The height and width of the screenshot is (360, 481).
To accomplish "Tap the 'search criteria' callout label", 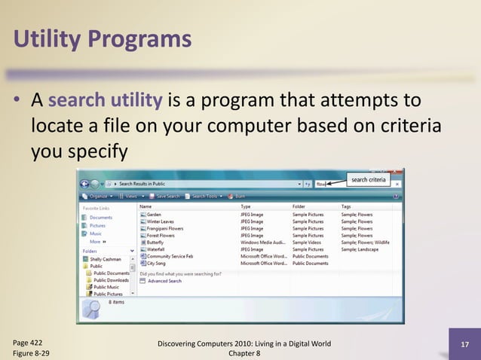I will point(369,180).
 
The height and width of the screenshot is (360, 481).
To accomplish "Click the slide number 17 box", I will point(464,346).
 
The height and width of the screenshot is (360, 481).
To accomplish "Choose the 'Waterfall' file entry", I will point(155,250).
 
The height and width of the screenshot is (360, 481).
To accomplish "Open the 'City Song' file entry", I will point(156,264).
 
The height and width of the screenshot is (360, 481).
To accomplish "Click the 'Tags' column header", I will point(346,206).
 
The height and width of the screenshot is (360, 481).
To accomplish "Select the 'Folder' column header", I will point(299,206).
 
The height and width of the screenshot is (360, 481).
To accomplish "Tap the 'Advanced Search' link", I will point(164,281).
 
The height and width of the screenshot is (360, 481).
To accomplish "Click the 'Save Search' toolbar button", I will point(166,196).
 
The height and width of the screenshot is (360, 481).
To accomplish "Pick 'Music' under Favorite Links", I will point(97,234).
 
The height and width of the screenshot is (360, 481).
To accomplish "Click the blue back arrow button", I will point(85,183).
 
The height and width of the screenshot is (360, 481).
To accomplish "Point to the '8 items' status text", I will point(117,301).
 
